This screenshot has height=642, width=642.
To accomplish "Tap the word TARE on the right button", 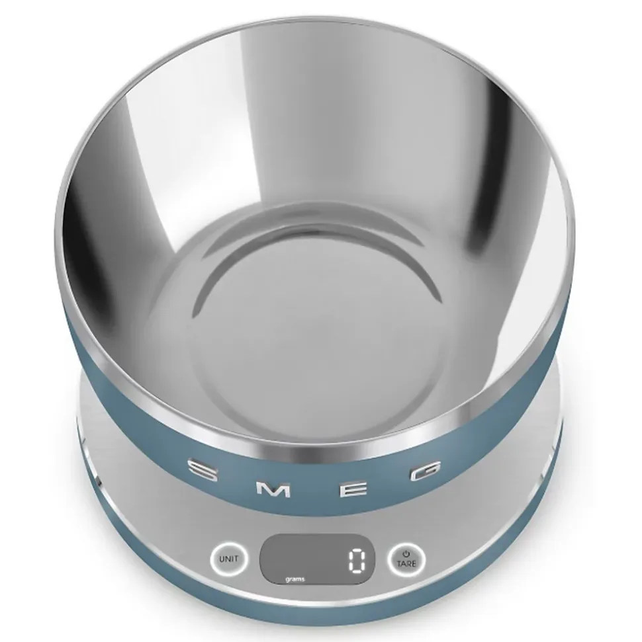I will [406, 563].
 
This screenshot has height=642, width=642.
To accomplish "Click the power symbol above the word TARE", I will [406, 553].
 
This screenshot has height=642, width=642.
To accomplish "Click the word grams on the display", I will [295, 579].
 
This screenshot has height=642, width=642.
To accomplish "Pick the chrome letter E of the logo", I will [357, 490].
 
